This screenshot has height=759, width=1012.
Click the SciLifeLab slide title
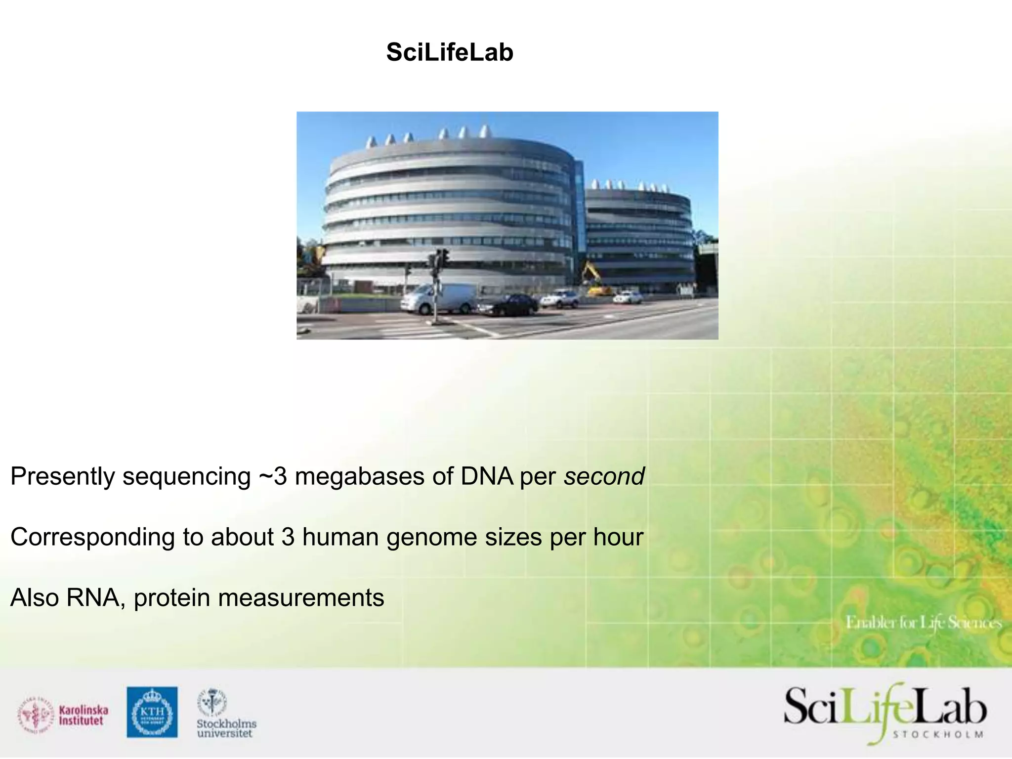(450, 52)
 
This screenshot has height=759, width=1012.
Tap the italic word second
(604, 476)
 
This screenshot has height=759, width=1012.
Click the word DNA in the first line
(487, 476)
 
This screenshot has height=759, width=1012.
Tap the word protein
(172, 598)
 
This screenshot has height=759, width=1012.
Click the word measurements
(301, 598)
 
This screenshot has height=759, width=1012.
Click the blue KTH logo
(152, 712)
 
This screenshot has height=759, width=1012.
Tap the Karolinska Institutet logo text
(83, 715)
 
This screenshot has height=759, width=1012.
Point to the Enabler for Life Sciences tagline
(923, 622)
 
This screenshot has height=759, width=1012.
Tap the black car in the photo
(508, 304)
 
